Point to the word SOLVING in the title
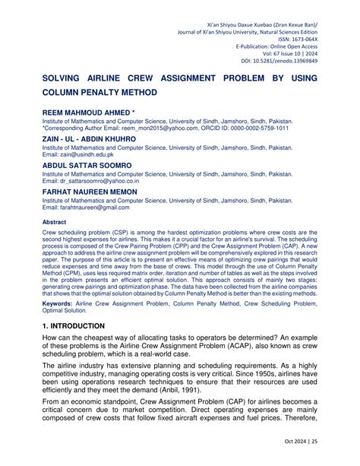click(x=66, y=78)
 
